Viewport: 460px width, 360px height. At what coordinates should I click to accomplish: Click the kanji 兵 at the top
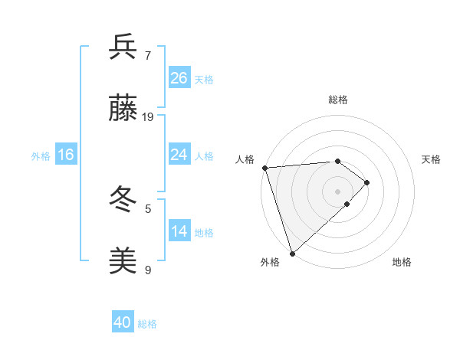[x=123, y=47]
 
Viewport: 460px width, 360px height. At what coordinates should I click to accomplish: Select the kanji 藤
[x=123, y=110]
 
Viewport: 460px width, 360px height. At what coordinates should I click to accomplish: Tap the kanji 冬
[x=123, y=201]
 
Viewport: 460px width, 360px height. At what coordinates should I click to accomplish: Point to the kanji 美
[x=123, y=261]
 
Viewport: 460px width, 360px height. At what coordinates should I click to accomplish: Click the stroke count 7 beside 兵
[x=148, y=56]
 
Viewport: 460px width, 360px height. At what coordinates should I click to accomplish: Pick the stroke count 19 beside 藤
[x=148, y=117]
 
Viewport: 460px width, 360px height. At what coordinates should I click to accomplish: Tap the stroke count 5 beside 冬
[x=148, y=208]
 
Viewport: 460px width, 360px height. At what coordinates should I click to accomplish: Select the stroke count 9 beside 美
[x=148, y=270]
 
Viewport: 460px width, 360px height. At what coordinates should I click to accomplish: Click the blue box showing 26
[x=179, y=78]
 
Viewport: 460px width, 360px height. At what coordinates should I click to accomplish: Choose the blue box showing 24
[x=179, y=155]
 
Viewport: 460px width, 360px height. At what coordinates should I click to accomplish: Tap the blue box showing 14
[x=179, y=231]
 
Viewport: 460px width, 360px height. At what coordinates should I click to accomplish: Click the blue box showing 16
[x=66, y=155]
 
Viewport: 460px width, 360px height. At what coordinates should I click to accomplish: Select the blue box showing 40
[x=123, y=322]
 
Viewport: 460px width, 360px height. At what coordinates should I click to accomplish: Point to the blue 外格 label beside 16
[x=41, y=155]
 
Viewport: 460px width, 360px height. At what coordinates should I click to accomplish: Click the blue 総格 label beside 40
[x=147, y=324]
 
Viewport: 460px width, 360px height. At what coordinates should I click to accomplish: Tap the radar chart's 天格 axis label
[x=431, y=159]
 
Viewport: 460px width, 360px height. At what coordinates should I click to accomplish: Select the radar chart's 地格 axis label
[x=402, y=262]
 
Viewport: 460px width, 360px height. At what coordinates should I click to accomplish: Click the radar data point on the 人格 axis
[x=264, y=168]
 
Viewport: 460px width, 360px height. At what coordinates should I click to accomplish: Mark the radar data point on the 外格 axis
[x=292, y=253]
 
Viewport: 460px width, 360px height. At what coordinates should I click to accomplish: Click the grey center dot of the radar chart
[x=337, y=191]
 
